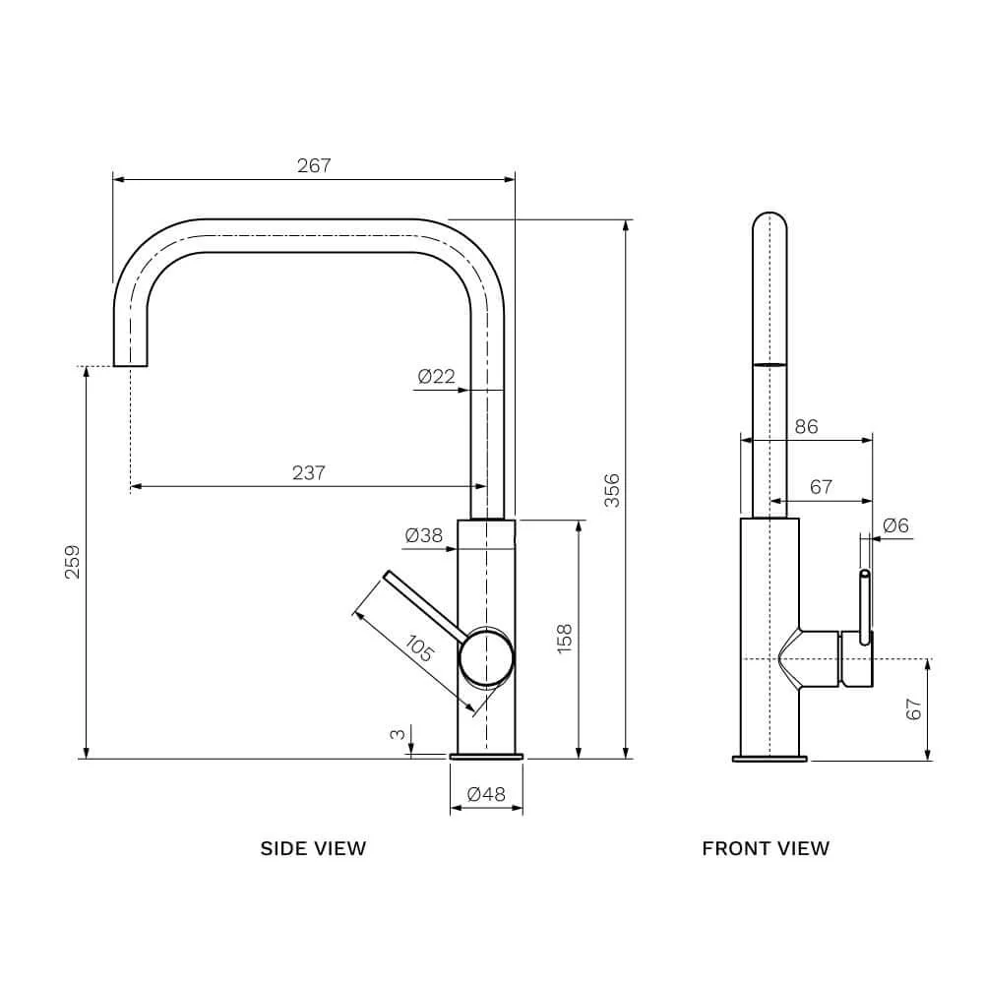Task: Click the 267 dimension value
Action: [x=314, y=165]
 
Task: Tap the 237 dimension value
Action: [x=309, y=472]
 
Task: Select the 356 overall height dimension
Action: [x=612, y=490]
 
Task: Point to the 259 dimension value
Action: [x=73, y=562]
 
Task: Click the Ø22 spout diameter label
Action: [x=436, y=377]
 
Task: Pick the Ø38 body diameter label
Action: [x=423, y=536]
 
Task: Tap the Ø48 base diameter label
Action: [x=486, y=794]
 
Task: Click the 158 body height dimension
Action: [x=565, y=639]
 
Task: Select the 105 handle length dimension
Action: [x=418, y=648]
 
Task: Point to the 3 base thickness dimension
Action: [x=398, y=734]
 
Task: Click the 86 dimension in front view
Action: [x=807, y=427]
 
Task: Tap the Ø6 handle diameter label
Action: [x=895, y=525]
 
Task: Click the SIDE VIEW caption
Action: [x=313, y=848]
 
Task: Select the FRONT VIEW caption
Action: [x=766, y=848]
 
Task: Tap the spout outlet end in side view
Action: [x=131, y=365]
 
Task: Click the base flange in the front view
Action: [x=769, y=759]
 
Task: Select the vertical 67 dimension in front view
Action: [x=914, y=709]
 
